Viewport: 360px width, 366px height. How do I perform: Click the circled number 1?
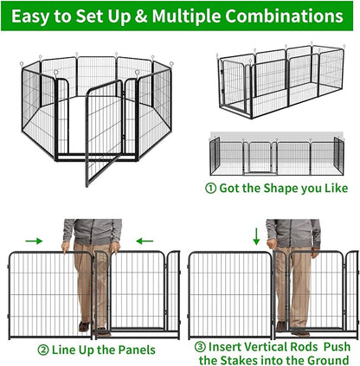[210, 188]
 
